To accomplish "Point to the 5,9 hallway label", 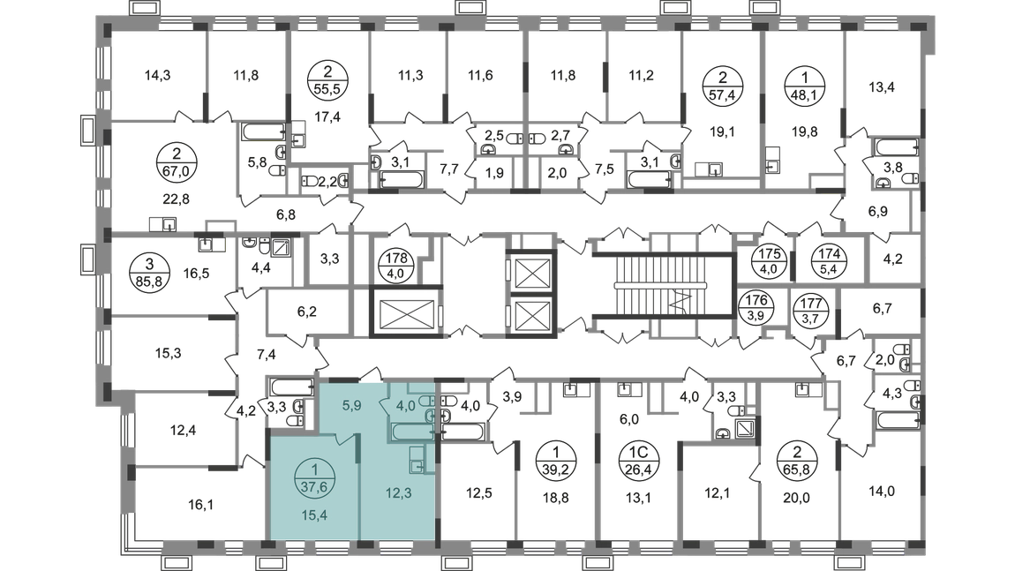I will tap(350, 408).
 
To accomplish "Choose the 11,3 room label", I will tap(409, 76).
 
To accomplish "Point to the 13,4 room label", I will tap(882, 86).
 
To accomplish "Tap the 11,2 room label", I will tap(642, 76).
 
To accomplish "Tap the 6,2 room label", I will tap(305, 310).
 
